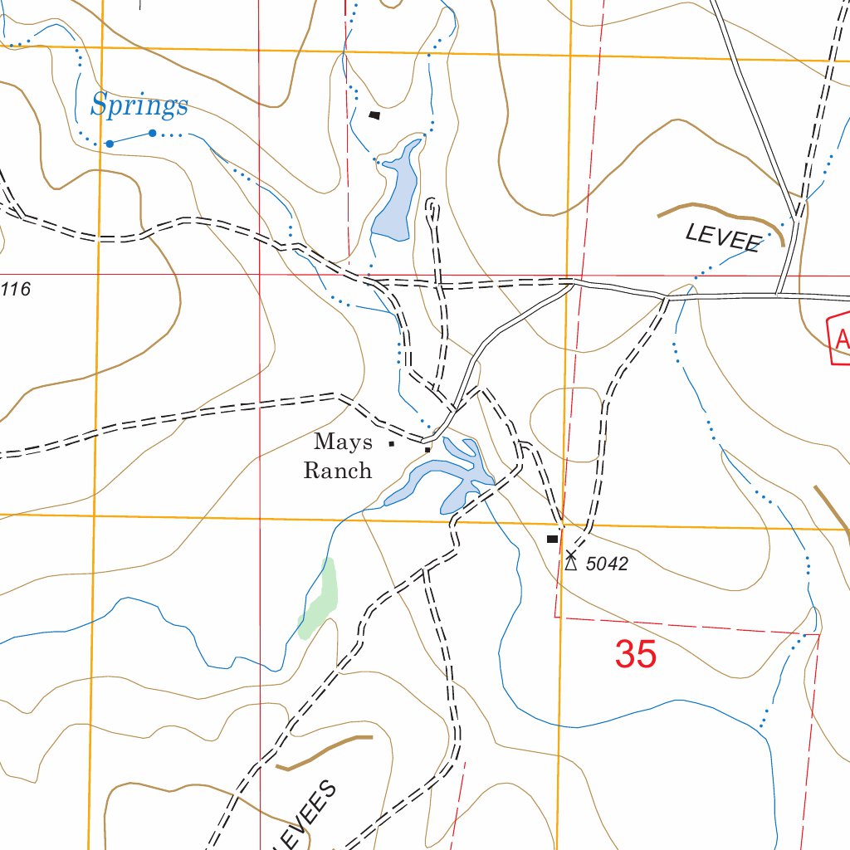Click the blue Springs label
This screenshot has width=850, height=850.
click(139, 105)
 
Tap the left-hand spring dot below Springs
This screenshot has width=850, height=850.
click(109, 144)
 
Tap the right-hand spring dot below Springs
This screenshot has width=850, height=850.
click(153, 133)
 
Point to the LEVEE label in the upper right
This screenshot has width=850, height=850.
click(723, 237)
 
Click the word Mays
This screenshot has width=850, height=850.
click(343, 442)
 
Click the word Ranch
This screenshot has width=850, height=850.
click(337, 471)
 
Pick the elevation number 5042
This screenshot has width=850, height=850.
click(607, 564)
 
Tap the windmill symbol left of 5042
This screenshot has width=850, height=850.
click(570, 560)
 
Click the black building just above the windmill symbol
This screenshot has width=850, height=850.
click(552, 539)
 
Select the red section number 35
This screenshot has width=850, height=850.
click(636, 655)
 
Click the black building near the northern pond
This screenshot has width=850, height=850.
click(374, 115)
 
